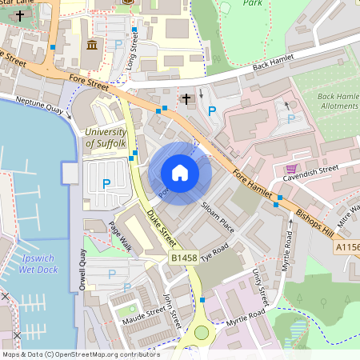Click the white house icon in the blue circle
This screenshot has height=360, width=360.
coord(180,173)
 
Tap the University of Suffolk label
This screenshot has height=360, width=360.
coord(105,138)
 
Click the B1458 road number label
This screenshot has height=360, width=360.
coord(183,258)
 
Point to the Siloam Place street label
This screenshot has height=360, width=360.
coord(218,216)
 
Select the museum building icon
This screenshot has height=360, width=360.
coord(93,43)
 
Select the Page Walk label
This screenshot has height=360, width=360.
coord(120,236)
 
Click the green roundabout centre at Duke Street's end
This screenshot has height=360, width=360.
coord(199,333)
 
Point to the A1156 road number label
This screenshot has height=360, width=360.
coord(347,249)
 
